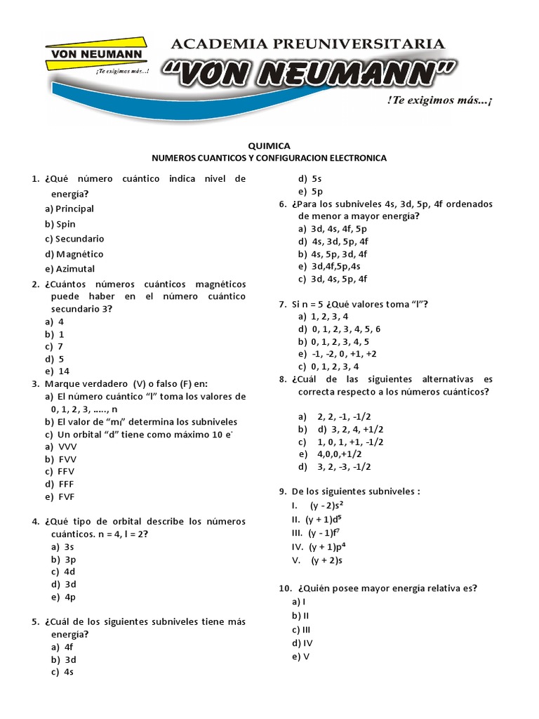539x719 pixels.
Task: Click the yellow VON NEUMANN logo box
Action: (x=94, y=55)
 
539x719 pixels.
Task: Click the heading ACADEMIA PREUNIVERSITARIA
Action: (x=308, y=44)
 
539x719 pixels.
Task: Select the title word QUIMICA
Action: (x=269, y=145)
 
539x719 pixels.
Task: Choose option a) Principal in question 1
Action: (x=69, y=209)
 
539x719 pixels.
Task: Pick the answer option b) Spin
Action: (x=60, y=224)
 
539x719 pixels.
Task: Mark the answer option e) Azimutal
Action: (x=69, y=268)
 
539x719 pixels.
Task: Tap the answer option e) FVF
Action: (x=60, y=496)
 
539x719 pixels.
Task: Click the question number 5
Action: (x=34, y=621)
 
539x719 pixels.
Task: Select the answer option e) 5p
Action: (x=310, y=191)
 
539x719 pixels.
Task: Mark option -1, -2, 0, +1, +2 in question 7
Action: (x=338, y=353)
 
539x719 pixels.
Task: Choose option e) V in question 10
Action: (x=300, y=657)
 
